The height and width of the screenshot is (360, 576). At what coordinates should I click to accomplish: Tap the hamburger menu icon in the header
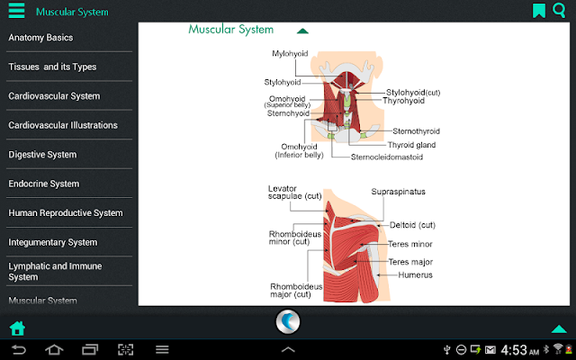click(16, 11)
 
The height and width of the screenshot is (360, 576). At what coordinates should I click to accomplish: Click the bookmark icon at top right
click(539, 11)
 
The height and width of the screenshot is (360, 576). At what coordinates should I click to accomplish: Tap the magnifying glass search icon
click(559, 10)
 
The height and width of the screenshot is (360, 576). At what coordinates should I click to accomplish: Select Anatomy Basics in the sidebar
click(40, 38)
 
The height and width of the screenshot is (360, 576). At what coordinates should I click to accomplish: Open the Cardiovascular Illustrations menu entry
click(63, 125)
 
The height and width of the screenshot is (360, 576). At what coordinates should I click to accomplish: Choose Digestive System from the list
click(42, 155)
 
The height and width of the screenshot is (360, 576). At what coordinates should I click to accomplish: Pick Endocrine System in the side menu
click(44, 184)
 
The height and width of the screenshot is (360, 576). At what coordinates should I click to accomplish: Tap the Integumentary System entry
click(53, 242)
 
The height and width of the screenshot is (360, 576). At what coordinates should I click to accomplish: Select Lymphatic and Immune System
click(55, 272)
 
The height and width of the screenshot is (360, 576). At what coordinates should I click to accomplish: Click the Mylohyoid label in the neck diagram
click(290, 54)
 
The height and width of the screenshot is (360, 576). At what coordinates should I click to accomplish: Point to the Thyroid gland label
click(411, 145)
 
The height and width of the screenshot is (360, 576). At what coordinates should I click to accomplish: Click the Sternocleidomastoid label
click(387, 157)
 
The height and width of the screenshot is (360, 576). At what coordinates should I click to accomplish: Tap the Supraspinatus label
click(398, 192)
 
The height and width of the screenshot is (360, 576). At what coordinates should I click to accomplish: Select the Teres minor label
click(410, 244)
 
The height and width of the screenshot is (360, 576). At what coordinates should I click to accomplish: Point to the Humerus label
click(415, 275)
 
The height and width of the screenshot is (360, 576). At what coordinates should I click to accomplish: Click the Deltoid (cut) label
click(412, 225)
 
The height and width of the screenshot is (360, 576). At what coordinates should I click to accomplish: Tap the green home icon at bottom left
click(17, 328)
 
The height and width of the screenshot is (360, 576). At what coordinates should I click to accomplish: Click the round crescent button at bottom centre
click(288, 322)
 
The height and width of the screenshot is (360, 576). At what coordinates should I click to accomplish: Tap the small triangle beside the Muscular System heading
click(302, 31)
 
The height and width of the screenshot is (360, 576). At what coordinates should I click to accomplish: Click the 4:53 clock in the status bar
click(514, 350)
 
